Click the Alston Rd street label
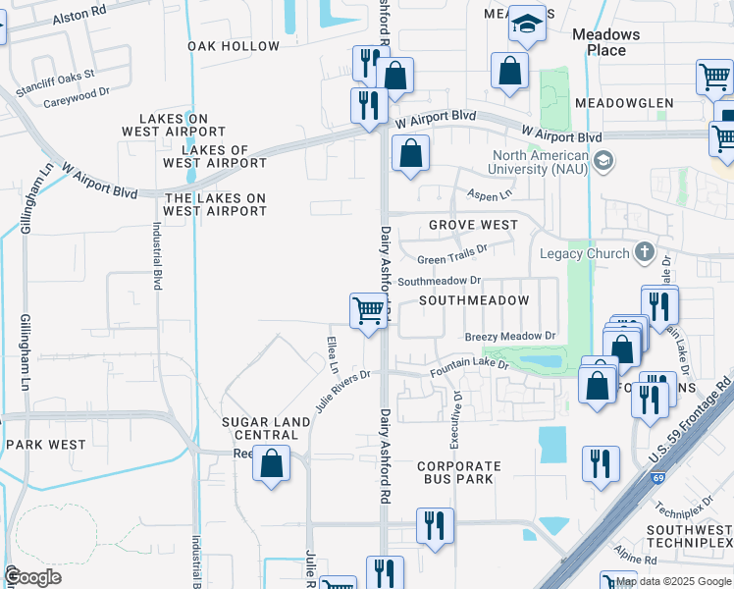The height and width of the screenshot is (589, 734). [79, 11]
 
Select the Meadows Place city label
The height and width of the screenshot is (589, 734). [605, 42]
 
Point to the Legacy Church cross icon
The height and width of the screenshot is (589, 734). [644, 253]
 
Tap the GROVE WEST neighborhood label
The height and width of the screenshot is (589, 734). [473, 225]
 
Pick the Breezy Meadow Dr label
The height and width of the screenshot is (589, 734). [510, 336]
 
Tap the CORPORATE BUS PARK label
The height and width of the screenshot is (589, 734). [458, 472]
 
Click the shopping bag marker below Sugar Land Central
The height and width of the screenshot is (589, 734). [271, 462]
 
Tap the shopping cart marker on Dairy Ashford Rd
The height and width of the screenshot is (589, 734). [368, 311]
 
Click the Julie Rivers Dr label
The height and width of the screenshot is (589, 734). [342, 391]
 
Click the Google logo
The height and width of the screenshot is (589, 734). [32, 577]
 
